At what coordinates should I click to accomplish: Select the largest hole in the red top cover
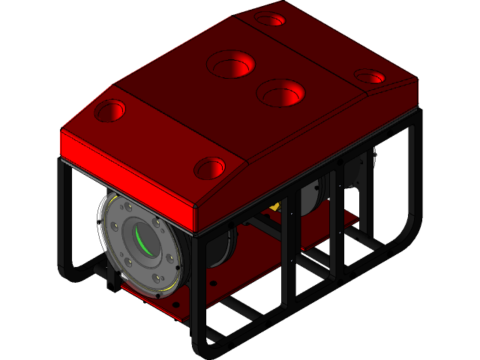click(x=232, y=65)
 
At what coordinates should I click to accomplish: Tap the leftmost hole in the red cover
click(x=109, y=112)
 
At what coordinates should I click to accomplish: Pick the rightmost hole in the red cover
click(x=369, y=76)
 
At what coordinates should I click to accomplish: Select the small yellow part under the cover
click(x=274, y=206)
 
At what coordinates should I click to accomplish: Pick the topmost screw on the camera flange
click(x=130, y=208)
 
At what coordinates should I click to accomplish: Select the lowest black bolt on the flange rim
click(x=160, y=293)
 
